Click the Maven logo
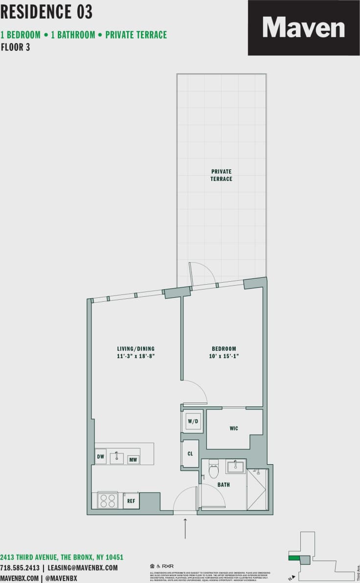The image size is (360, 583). (x=303, y=27)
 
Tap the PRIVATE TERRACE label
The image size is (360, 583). (x=222, y=175)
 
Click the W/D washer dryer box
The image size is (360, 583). (x=193, y=421)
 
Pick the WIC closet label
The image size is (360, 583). (x=234, y=428)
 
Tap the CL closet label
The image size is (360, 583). (x=190, y=453)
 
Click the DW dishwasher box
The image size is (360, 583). (x=101, y=457)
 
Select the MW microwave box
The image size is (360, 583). (x=133, y=460)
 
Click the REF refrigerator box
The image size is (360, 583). (x=131, y=501)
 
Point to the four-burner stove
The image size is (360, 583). (x=108, y=500)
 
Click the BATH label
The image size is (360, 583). (x=224, y=485)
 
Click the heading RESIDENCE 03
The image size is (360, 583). (x=46, y=12)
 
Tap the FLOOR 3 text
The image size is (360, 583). (x=16, y=47)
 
